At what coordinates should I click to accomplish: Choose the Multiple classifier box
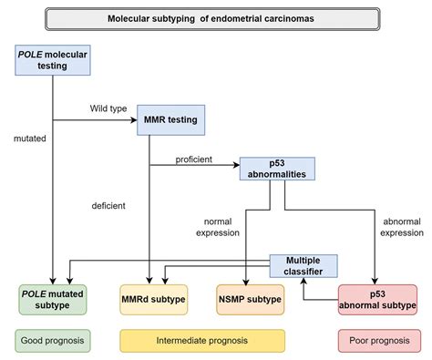pos(303,265)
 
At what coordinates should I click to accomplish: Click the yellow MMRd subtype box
pos(153,299)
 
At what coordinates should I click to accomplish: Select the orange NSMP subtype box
pos(249,299)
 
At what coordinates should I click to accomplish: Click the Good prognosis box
pos(52,342)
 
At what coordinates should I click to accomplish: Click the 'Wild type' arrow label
pos(108,108)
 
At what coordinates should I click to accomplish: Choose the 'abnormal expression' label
pos(401,227)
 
